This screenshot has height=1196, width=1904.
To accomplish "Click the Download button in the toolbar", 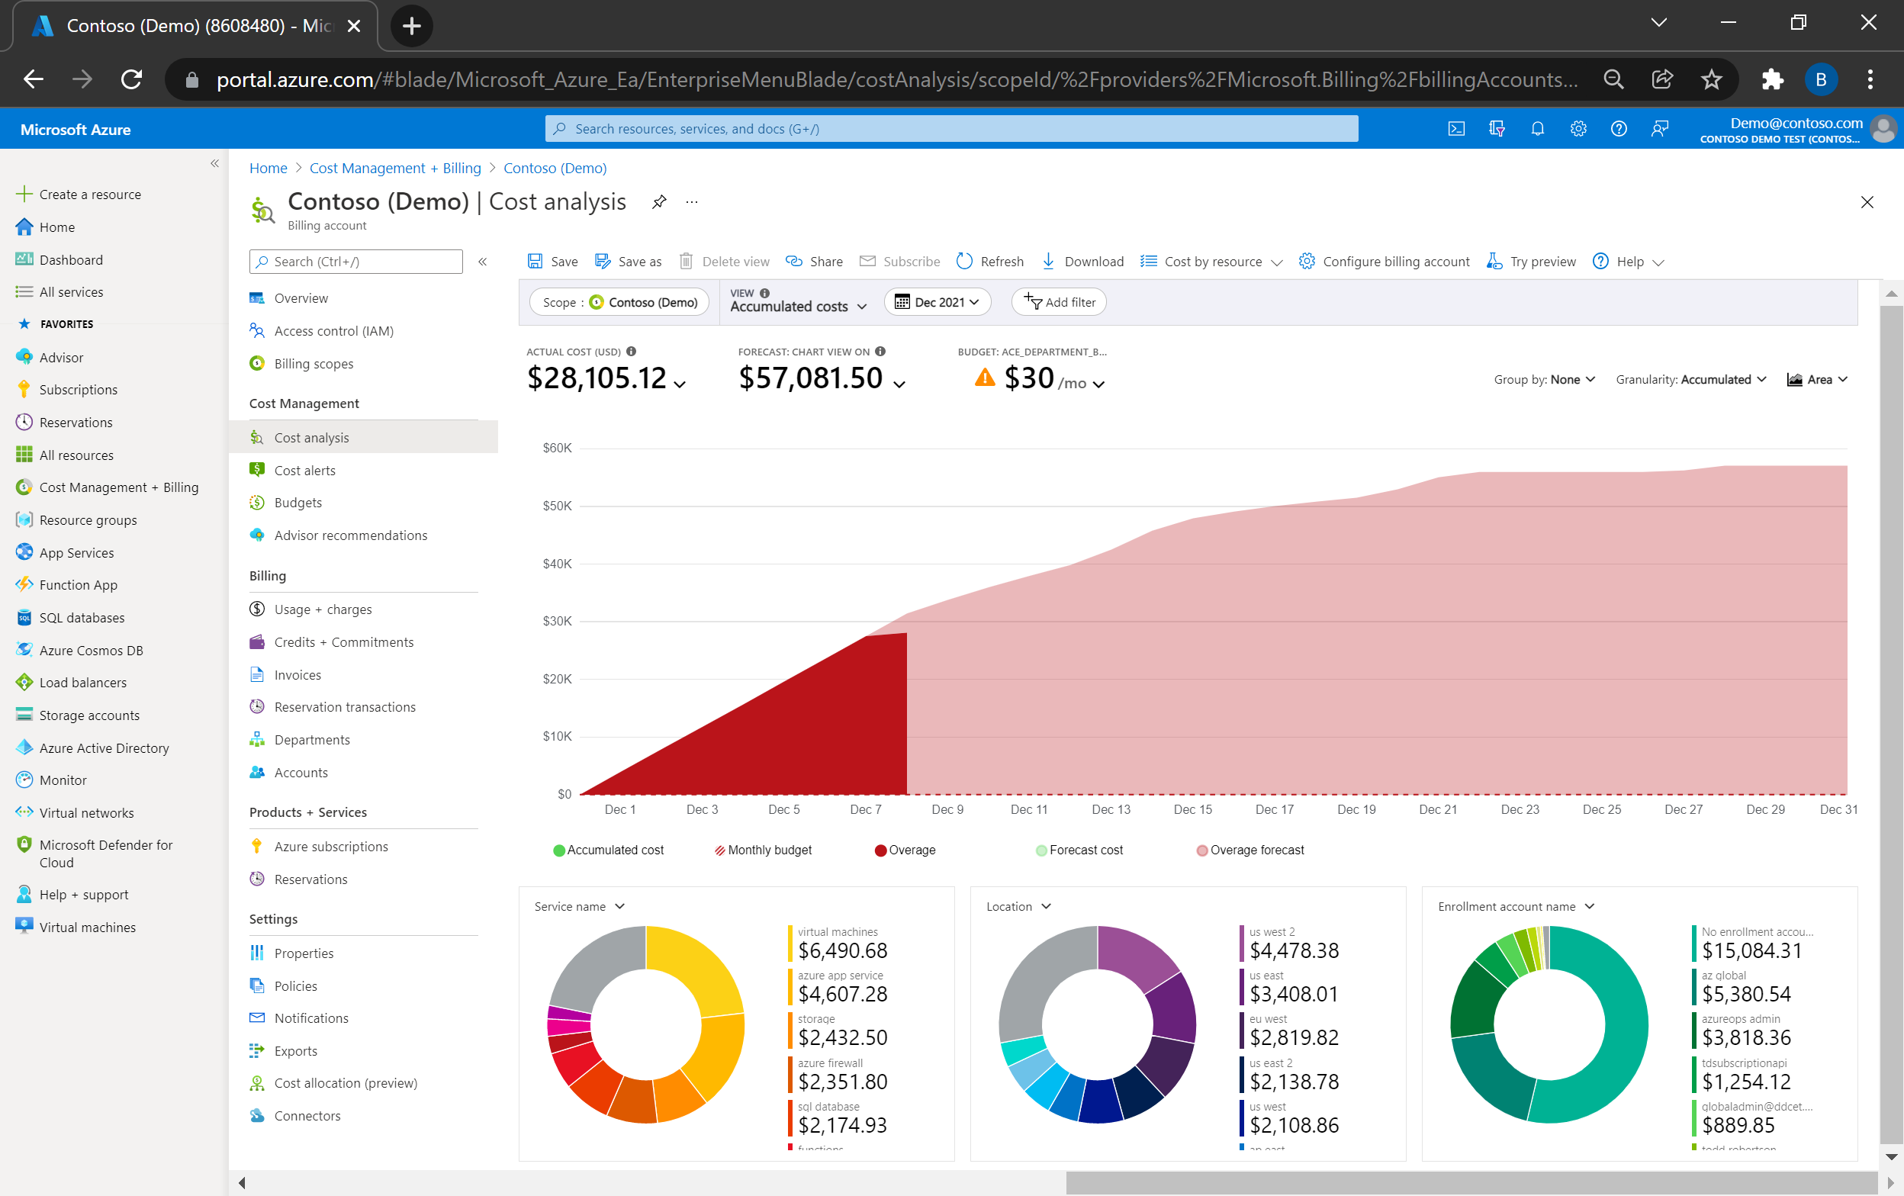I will [1083, 262].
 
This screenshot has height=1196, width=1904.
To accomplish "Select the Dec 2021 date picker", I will [937, 302].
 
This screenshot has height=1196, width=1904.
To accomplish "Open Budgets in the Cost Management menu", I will [297, 503].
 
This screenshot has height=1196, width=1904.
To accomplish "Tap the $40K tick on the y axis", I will [557, 564].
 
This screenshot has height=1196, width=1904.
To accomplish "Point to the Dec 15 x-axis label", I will [1192, 809].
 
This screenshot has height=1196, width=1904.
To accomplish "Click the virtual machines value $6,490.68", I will [842, 950].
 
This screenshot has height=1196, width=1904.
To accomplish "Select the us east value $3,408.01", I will [1294, 994].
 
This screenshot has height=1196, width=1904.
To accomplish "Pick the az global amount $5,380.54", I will [1746, 994].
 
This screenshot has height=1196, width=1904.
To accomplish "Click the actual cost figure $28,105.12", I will [597, 378].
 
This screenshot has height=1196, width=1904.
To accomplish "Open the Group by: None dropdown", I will [1544, 379].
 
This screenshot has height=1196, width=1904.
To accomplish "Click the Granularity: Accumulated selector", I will [1690, 379].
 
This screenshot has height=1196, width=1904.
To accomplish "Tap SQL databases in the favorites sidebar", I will [82, 617].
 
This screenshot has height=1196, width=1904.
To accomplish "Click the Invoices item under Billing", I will [297, 675].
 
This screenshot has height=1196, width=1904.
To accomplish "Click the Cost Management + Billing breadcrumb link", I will [394, 168].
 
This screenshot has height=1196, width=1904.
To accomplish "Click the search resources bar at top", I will [951, 128].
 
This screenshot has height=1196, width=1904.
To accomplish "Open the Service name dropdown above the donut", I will [579, 906].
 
